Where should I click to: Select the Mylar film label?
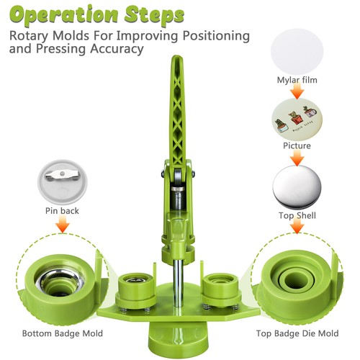(296, 80)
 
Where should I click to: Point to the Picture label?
(296, 146)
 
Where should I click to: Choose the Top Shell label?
(296, 215)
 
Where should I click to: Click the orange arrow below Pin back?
(61, 226)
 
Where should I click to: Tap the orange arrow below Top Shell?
(296, 228)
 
